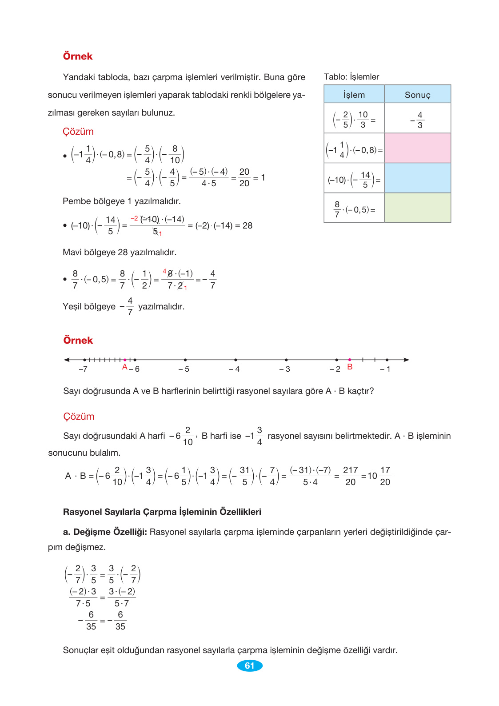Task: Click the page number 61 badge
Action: click(249, 666)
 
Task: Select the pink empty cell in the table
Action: click(417, 148)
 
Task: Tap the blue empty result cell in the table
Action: click(417, 178)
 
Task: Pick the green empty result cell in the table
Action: click(417, 208)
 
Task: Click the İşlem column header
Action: click(354, 95)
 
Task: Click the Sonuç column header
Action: click(417, 95)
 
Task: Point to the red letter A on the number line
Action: click(125, 367)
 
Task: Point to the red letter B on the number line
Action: click(350, 367)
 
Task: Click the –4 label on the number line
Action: click(234, 369)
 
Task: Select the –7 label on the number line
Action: click(83, 369)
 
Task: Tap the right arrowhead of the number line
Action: click(406, 360)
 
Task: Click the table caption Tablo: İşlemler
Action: click(351, 77)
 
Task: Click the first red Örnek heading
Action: click(78, 56)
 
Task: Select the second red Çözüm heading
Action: click(79, 417)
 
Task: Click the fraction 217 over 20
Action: click(351, 476)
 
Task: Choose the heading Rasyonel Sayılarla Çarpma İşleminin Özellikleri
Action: click(162, 512)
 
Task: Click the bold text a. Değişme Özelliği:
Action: click(105, 532)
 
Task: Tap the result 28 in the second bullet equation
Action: click(248, 225)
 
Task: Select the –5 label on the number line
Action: click(184, 369)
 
